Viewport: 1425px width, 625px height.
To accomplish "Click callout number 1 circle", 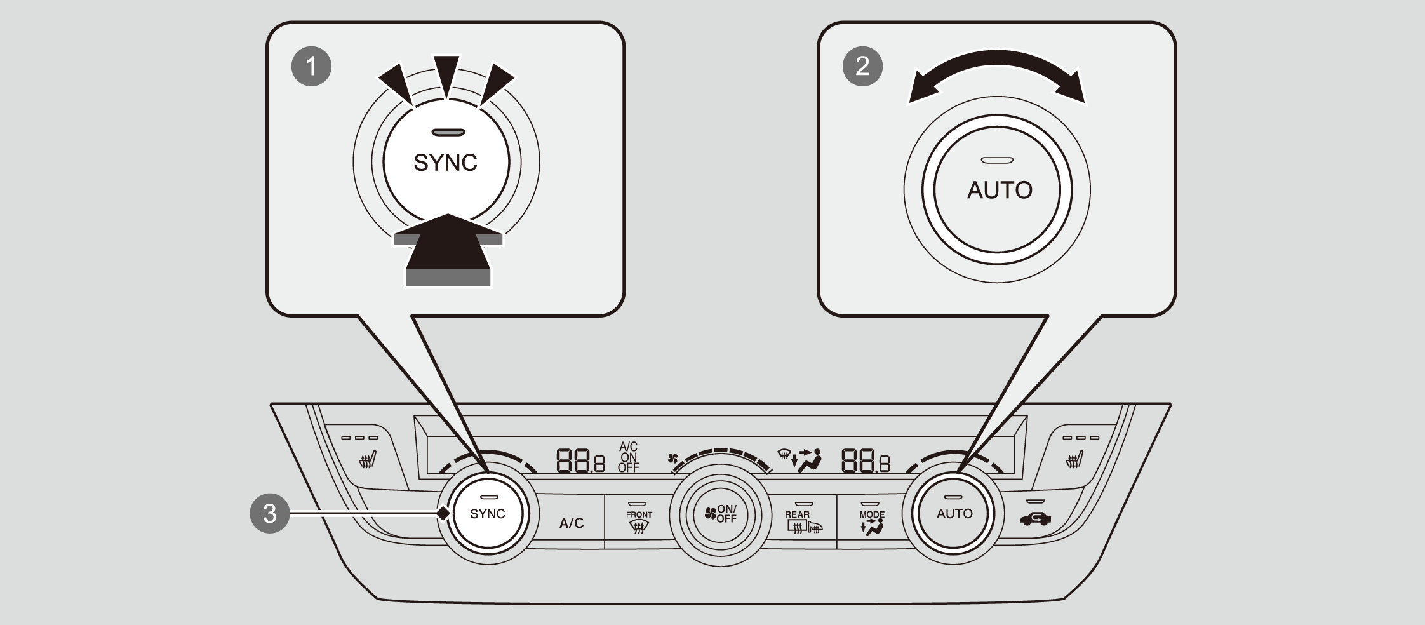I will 311,65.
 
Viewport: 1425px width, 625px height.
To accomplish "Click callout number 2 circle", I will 862,65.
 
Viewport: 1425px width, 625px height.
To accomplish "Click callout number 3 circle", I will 270,513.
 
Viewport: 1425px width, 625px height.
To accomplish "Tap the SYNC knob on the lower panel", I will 488,514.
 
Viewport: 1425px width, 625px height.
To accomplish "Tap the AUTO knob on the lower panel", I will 954,514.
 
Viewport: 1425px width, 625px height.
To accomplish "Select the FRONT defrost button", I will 639,521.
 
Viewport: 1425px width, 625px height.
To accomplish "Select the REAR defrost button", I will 801,521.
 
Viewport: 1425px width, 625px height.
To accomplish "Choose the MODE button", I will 871,521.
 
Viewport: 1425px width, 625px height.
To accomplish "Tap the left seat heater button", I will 366,457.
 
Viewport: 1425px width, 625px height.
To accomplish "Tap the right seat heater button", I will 1074,457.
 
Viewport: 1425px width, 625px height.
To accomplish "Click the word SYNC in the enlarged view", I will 445,163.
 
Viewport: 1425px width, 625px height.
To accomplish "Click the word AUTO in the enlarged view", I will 1000,190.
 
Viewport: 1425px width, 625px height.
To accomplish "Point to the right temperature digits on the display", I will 865,460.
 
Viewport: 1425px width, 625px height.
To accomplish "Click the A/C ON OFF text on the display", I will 629,457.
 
